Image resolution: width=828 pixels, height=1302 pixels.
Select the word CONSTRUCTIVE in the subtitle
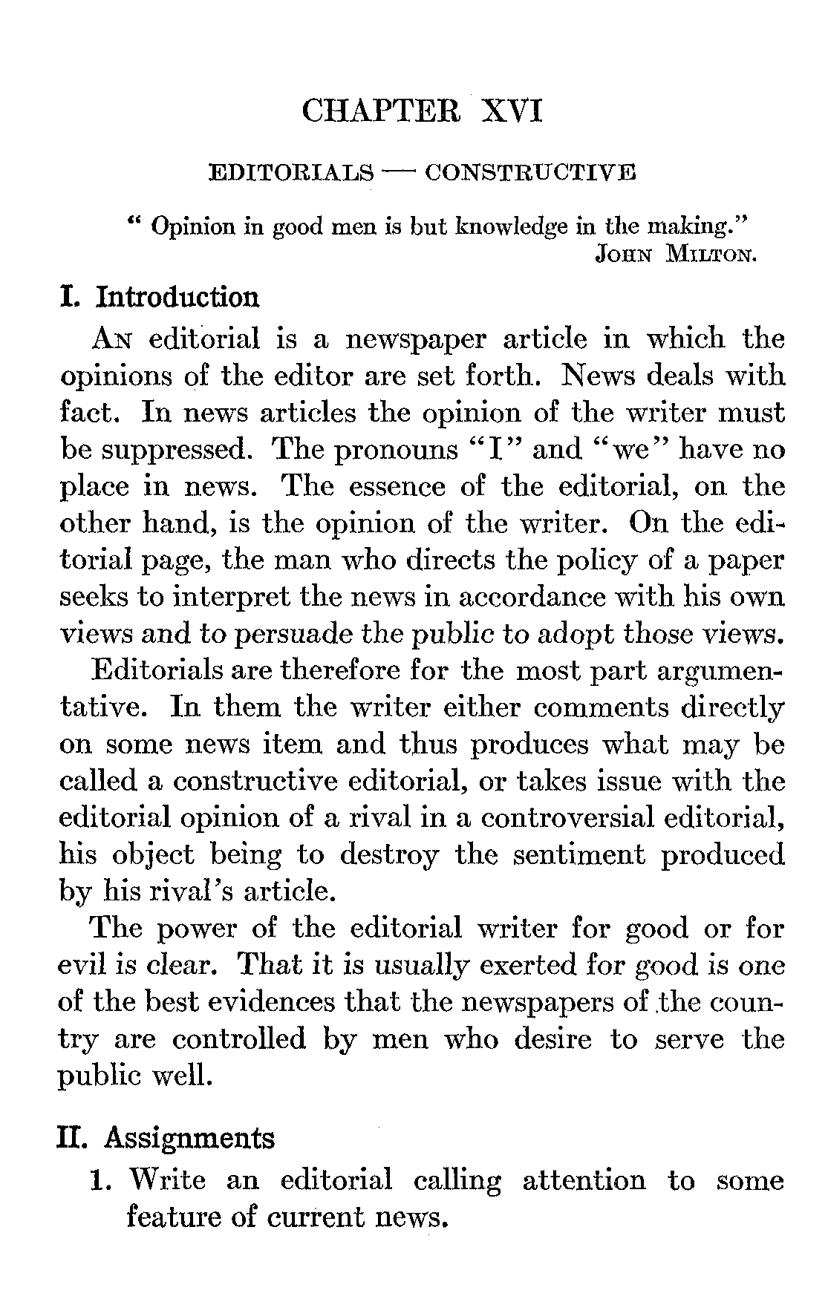[x=529, y=174]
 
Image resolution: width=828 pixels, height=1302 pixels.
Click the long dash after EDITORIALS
[x=398, y=172]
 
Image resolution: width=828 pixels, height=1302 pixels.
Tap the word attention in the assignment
[x=584, y=1180]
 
